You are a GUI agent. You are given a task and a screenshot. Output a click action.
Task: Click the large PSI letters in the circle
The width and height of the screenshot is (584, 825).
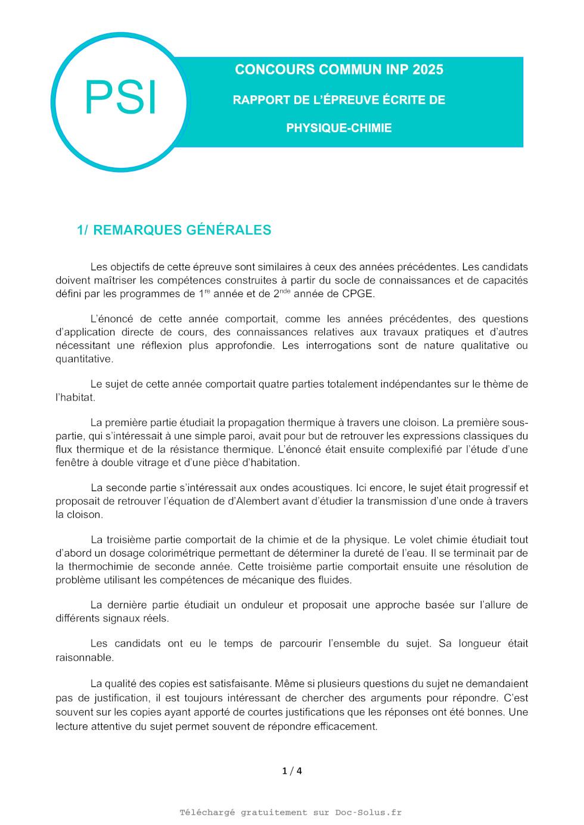pyautogui.click(x=121, y=98)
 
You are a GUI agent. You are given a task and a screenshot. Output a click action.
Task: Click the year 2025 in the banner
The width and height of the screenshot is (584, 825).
pyautogui.click(x=428, y=70)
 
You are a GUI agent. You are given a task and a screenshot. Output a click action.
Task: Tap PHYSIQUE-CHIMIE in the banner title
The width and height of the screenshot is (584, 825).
pyautogui.click(x=339, y=128)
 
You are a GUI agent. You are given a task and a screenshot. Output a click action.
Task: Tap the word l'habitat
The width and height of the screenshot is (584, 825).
pyautogui.click(x=74, y=398)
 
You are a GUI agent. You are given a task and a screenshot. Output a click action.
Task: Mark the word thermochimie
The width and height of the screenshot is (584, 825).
pyautogui.click(x=101, y=567)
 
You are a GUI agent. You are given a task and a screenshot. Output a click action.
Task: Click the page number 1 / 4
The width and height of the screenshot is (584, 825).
pyautogui.click(x=292, y=771)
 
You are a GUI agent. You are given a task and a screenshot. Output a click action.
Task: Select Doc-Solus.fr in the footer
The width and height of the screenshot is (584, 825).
pyautogui.click(x=368, y=812)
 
